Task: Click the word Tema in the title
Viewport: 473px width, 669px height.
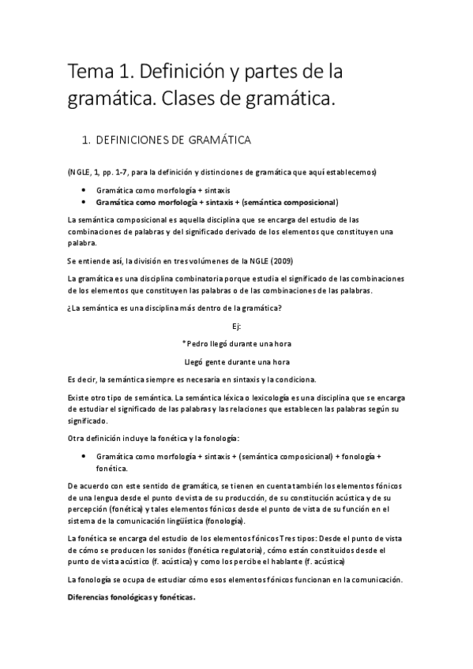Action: coord(91,73)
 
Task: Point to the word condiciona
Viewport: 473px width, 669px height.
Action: coord(306,379)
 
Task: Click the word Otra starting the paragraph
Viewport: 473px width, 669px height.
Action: coord(78,438)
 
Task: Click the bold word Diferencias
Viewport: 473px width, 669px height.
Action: coord(93,597)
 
